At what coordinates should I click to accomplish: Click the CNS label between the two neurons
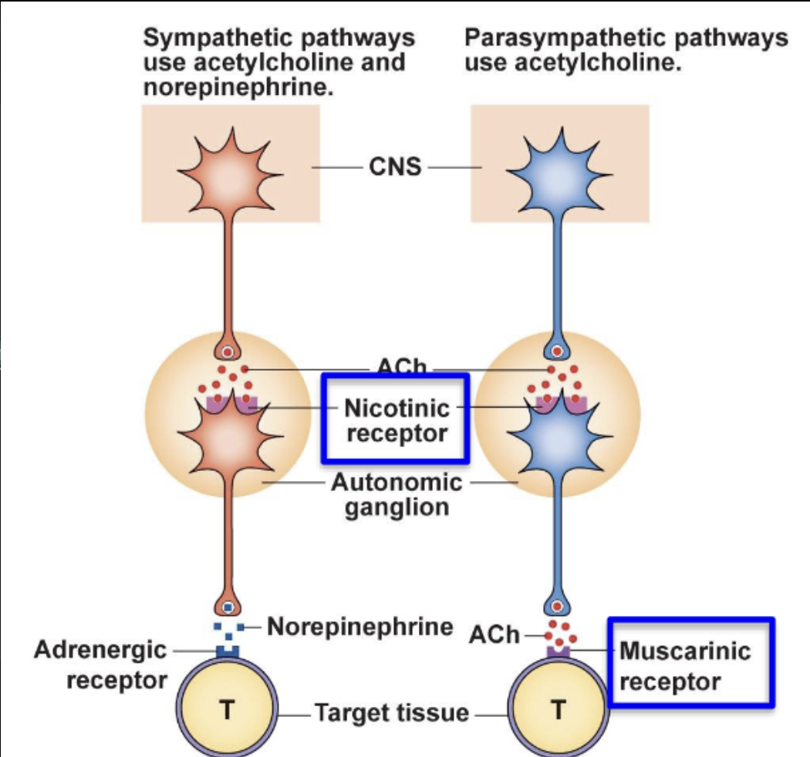click(395, 167)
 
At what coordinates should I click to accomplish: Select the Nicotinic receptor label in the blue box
click(396, 419)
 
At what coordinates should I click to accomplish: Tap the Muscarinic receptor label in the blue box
click(683, 666)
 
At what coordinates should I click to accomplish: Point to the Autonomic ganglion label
click(397, 495)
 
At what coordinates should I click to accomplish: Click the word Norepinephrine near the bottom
click(359, 627)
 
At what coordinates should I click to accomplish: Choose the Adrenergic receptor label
click(100, 664)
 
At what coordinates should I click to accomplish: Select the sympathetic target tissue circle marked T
click(227, 708)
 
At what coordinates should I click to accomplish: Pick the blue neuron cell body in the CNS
click(559, 168)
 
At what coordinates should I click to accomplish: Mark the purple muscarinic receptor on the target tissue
click(559, 653)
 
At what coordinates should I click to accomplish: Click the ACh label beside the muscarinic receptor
click(494, 635)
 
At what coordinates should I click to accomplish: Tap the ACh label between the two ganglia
click(401, 367)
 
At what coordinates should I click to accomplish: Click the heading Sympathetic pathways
click(278, 39)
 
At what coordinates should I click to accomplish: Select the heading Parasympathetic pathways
click(626, 39)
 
